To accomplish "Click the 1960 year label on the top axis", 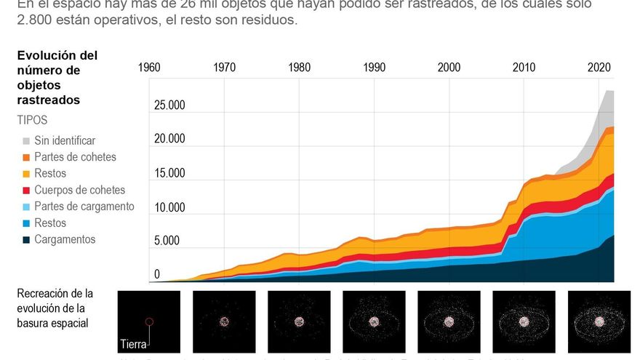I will [x=149, y=68].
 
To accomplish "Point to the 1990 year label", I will [x=374, y=68].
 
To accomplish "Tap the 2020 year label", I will [x=599, y=68].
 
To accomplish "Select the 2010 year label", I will [x=524, y=68].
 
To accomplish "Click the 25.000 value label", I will [x=169, y=105].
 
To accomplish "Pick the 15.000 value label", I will [x=169, y=173].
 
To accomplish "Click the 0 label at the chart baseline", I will [x=156, y=275].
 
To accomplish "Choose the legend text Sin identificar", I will [x=65, y=140].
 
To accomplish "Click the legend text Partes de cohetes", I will [x=75, y=157].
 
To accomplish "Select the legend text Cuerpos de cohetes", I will [x=79, y=190].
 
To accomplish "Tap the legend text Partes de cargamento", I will [x=84, y=207].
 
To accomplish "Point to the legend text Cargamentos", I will [x=65, y=239].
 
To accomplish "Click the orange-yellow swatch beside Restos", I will [x=25, y=174].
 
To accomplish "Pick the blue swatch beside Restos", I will [x=25, y=223].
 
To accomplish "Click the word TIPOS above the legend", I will [x=32, y=120].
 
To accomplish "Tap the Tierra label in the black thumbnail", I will [x=134, y=344].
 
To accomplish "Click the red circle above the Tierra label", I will [x=149, y=321].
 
